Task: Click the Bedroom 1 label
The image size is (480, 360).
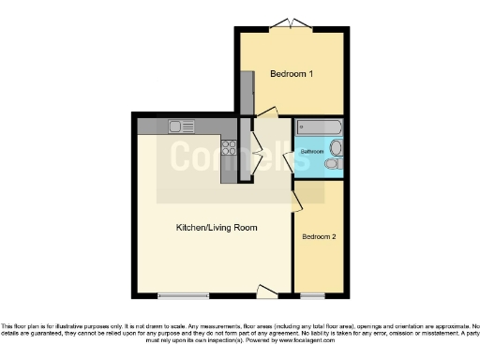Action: pos(292,74)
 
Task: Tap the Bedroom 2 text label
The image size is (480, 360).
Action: pos(319,237)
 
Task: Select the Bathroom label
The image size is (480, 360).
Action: pos(312,151)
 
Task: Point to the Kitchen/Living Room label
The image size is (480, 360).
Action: pos(217,228)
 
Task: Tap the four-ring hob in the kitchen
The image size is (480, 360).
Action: pos(228,147)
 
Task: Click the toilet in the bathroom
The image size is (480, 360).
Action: pos(332,165)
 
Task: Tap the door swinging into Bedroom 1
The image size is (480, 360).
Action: pos(265,112)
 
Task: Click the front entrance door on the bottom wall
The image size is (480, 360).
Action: pos(264,291)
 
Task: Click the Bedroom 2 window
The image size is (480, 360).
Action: pos(313,295)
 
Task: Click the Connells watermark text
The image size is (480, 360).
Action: pos(239,157)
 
